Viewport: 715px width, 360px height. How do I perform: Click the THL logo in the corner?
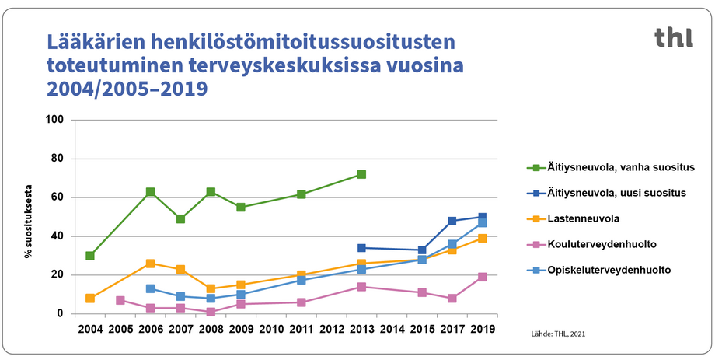click(x=672, y=37)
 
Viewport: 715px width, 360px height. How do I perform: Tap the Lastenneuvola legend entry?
click(x=582, y=218)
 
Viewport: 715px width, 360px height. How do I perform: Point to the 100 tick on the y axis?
click(x=55, y=121)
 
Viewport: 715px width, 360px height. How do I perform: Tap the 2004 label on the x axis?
click(x=90, y=330)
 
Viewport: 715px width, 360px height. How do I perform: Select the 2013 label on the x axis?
click(x=361, y=330)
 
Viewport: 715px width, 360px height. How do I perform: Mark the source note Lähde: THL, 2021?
click(x=556, y=334)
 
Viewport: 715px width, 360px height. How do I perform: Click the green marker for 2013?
click(x=361, y=174)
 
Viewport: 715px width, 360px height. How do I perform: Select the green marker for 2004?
click(x=90, y=256)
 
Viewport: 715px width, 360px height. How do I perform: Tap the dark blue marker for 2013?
click(x=361, y=248)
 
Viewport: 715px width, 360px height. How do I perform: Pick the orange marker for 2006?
click(x=150, y=264)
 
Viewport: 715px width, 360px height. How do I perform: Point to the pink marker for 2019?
click(x=482, y=277)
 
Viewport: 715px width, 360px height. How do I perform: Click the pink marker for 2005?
click(x=120, y=300)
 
